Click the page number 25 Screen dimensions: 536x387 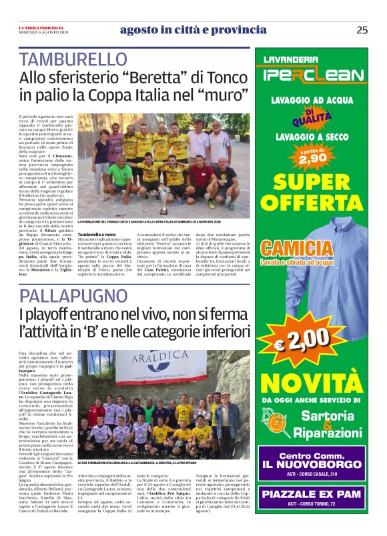point(362,29)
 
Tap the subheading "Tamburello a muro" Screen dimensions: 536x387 point(98,235)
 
